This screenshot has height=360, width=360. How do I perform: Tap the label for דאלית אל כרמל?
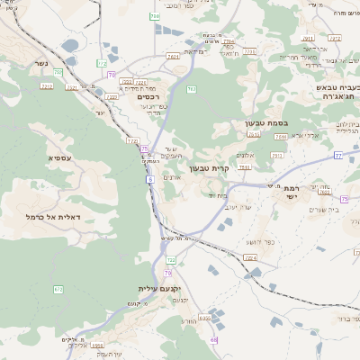(x=53, y=218)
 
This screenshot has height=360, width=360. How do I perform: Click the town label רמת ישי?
(x=291, y=193)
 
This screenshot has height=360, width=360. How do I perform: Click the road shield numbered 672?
(x=58, y=289)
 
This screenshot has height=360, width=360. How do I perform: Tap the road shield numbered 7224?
(x=249, y=258)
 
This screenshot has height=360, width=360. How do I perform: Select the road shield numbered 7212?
(x=46, y=86)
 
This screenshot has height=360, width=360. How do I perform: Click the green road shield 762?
(x=155, y=16)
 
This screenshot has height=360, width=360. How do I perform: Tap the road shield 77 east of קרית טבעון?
(x=337, y=156)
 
